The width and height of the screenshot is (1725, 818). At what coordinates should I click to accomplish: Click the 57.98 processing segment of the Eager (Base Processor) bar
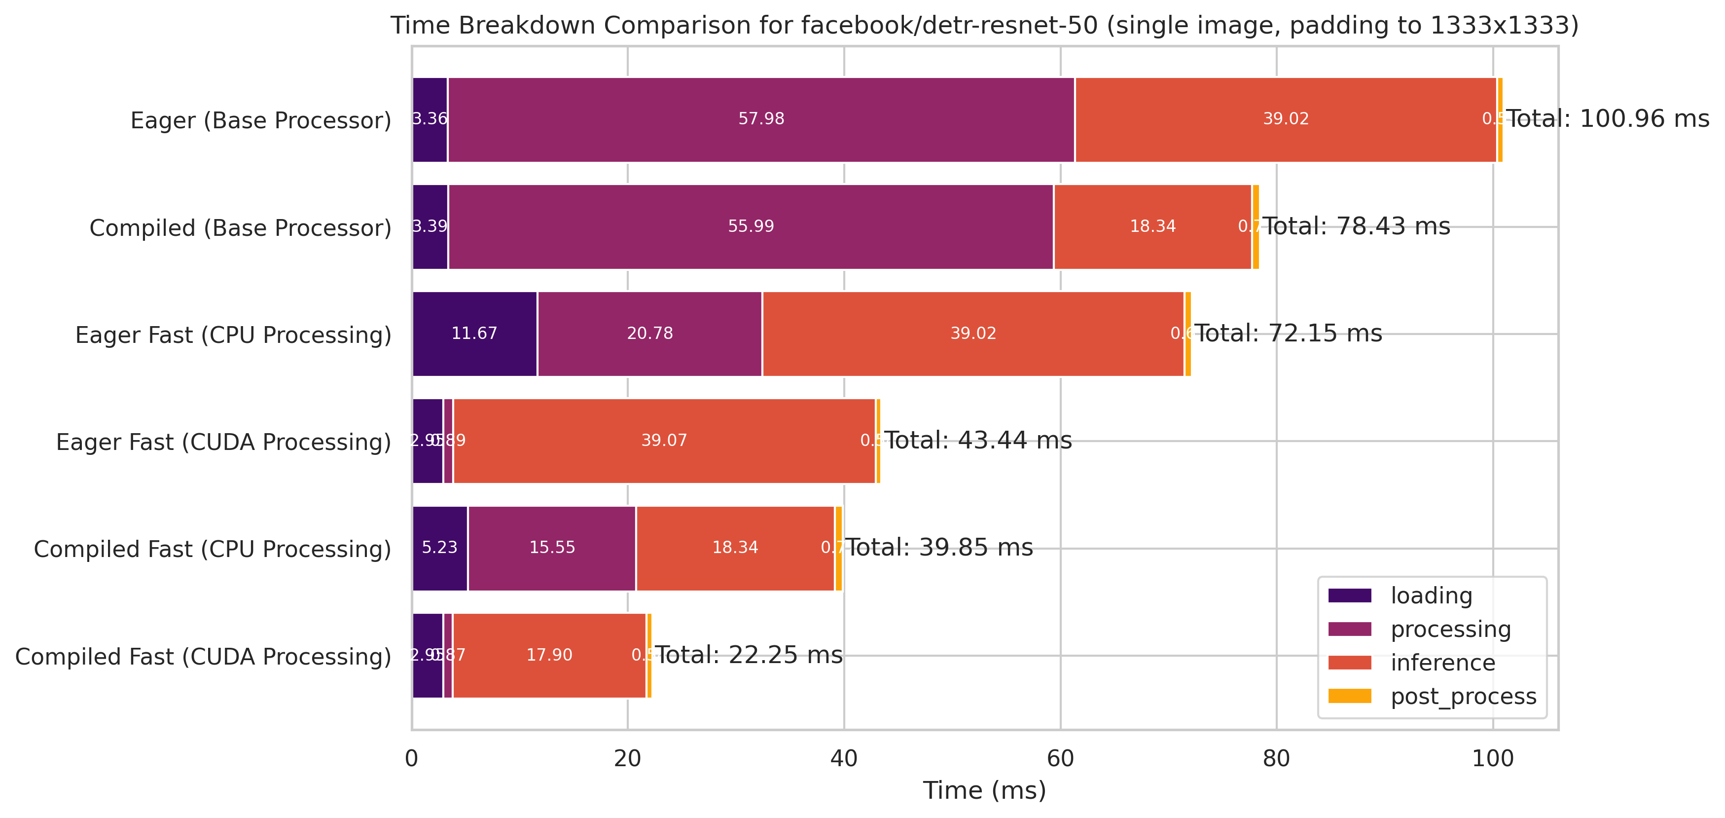tap(761, 119)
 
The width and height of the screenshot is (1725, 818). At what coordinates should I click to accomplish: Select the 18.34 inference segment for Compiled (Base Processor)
tap(1152, 226)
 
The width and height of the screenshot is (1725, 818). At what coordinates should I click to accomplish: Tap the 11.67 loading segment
tap(474, 334)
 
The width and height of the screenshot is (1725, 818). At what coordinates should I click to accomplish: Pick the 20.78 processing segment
tap(649, 334)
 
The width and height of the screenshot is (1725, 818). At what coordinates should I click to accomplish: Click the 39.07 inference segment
tap(664, 441)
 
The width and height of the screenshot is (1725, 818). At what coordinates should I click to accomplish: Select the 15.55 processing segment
tap(552, 548)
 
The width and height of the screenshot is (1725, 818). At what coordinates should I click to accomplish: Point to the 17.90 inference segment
tap(549, 655)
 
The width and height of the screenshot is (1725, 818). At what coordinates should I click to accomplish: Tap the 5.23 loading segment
tap(439, 548)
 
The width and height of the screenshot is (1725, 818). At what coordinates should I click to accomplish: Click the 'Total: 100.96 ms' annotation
tap(1607, 119)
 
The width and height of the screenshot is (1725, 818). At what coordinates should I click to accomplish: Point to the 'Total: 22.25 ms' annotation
tap(749, 655)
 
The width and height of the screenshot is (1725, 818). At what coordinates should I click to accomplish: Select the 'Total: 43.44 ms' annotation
tap(978, 441)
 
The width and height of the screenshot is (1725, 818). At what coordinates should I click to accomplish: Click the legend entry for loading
tap(1431, 595)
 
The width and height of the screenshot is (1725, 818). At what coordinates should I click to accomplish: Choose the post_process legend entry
tap(1463, 697)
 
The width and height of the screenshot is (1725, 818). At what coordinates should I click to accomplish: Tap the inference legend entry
tap(1442, 663)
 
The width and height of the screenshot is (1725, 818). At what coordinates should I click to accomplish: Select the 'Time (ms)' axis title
tap(984, 790)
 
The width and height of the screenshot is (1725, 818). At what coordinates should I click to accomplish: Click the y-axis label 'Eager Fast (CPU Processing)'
tap(233, 335)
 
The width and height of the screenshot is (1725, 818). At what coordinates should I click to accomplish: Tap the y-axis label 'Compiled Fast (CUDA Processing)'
tap(203, 657)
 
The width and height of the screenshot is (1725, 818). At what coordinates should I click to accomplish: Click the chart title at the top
tap(984, 26)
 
